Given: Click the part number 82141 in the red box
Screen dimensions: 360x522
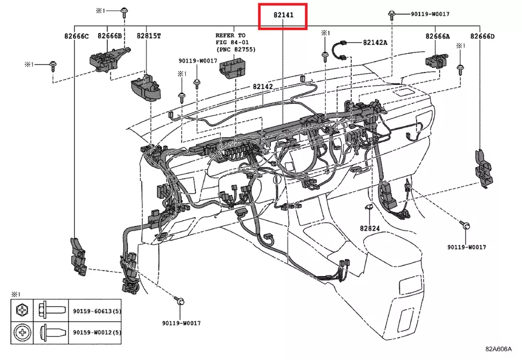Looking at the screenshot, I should pos(283,15).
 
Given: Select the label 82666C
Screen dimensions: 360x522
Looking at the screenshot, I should pos(77,36).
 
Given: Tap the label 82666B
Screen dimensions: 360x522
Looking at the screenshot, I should pos(110,36).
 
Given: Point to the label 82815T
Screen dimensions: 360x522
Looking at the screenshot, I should pos(149,36).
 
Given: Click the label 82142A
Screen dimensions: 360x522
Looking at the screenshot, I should pos(375,42).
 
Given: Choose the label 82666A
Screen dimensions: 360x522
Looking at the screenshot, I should pos(437,36).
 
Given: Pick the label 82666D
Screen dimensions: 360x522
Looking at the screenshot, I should pos(482,36).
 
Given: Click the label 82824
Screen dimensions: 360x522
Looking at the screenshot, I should pos(370,228).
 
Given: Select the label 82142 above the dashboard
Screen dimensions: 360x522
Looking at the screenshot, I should pos(263,87).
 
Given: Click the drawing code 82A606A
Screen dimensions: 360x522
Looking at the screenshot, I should pos(498,349).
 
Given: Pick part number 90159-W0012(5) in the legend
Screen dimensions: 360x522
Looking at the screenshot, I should pos(97,332).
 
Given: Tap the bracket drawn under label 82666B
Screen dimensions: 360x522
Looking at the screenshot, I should pos(108,57).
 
